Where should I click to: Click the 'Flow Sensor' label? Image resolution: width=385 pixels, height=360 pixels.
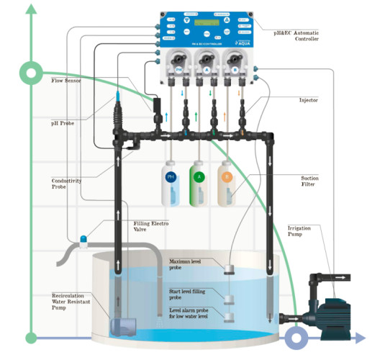(66, 81)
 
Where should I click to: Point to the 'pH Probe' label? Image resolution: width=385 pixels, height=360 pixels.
(64, 123)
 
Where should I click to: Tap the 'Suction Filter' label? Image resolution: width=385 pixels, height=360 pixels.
(310, 182)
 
